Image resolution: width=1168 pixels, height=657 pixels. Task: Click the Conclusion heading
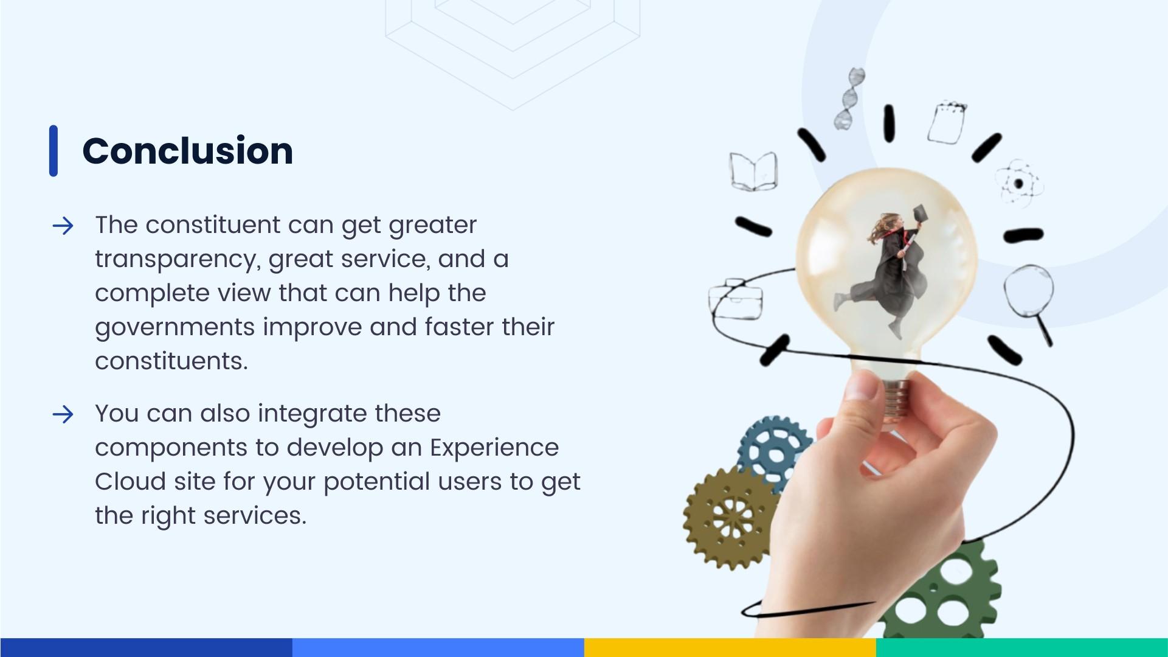click(187, 151)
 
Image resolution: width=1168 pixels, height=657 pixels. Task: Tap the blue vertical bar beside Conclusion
click(54, 151)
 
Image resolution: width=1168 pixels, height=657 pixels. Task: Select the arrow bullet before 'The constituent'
click(63, 226)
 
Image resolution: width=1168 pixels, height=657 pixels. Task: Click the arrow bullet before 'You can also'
click(63, 415)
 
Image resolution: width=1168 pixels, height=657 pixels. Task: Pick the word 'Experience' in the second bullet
click(494, 448)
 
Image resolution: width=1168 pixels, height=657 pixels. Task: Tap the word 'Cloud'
click(130, 482)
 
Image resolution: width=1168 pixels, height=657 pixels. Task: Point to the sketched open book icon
click(753, 171)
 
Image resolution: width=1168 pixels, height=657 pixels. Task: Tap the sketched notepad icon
click(947, 123)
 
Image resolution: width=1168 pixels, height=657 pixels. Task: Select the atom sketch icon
click(1019, 182)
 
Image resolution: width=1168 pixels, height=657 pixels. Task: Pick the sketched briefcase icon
click(735, 301)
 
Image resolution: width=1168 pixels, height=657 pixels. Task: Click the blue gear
click(774, 454)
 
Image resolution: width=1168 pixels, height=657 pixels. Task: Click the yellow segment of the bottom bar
click(730, 647)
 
